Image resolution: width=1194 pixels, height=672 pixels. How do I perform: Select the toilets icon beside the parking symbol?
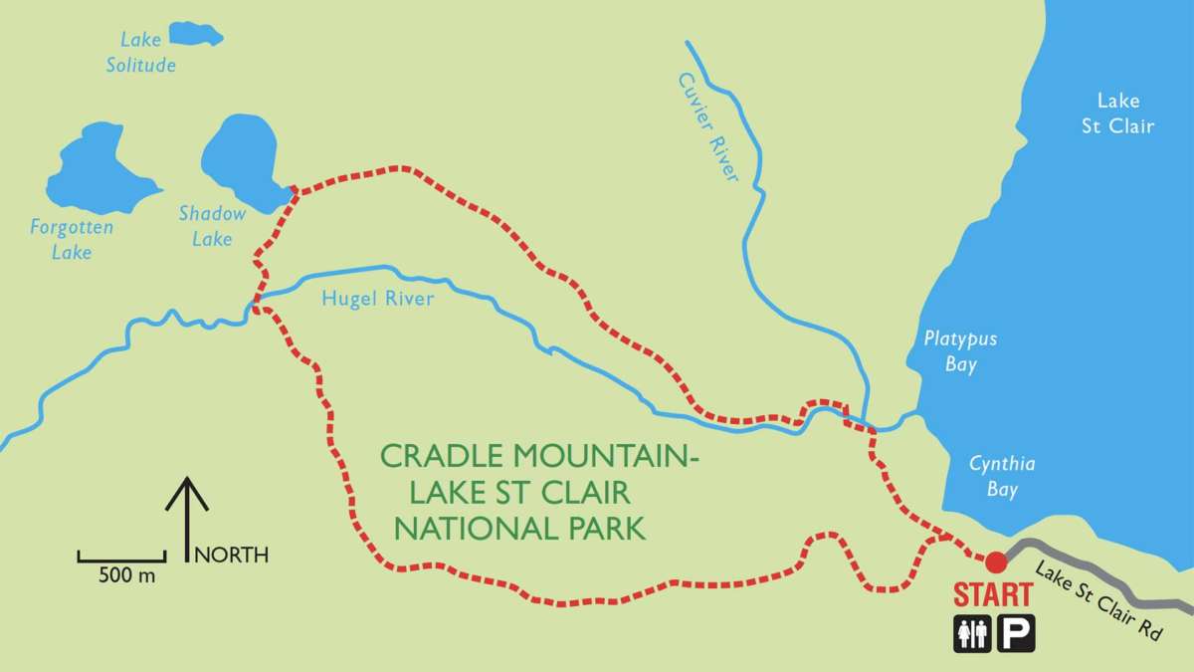coord(972,634)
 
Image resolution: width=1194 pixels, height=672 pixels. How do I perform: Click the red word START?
coord(992,595)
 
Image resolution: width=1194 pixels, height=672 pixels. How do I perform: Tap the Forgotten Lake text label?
coord(72,240)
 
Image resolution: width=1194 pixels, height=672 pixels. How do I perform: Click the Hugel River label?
coord(378,298)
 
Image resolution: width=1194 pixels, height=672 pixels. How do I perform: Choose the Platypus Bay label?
coord(959,351)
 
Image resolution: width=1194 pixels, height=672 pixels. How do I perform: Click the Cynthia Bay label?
coord(1002,476)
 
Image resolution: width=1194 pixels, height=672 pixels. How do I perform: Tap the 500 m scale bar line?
coord(121,558)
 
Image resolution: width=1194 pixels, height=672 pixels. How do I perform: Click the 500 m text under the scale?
coord(126,576)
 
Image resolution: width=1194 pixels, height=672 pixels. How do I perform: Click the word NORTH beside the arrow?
coord(231,555)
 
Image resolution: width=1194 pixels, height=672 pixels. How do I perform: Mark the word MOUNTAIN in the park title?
coord(597,457)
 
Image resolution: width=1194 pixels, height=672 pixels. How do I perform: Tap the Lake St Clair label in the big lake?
coord(1124,112)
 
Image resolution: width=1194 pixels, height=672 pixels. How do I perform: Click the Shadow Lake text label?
coord(212,225)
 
